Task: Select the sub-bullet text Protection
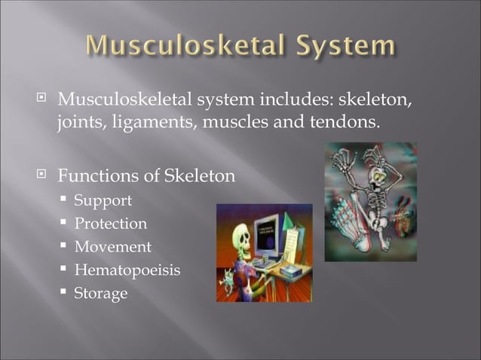(x=110, y=224)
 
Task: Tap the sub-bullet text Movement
(x=112, y=247)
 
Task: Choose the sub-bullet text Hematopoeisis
(x=127, y=270)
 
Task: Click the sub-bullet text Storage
(x=100, y=293)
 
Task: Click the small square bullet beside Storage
(x=65, y=293)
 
